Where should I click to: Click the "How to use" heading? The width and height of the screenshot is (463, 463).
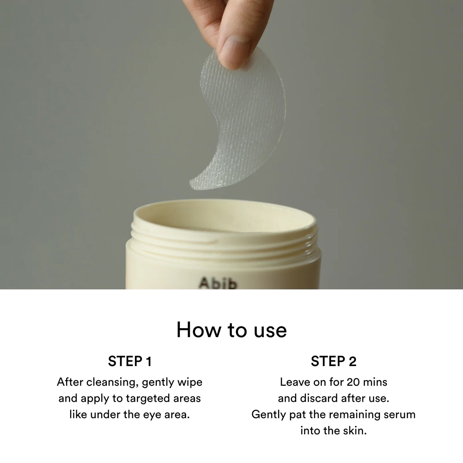pyautogui.click(x=231, y=330)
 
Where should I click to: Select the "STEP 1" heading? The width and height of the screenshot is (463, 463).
pyautogui.click(x=130, y=361)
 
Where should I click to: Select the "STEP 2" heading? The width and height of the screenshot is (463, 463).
pyautogui.click(x=333, y=361)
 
